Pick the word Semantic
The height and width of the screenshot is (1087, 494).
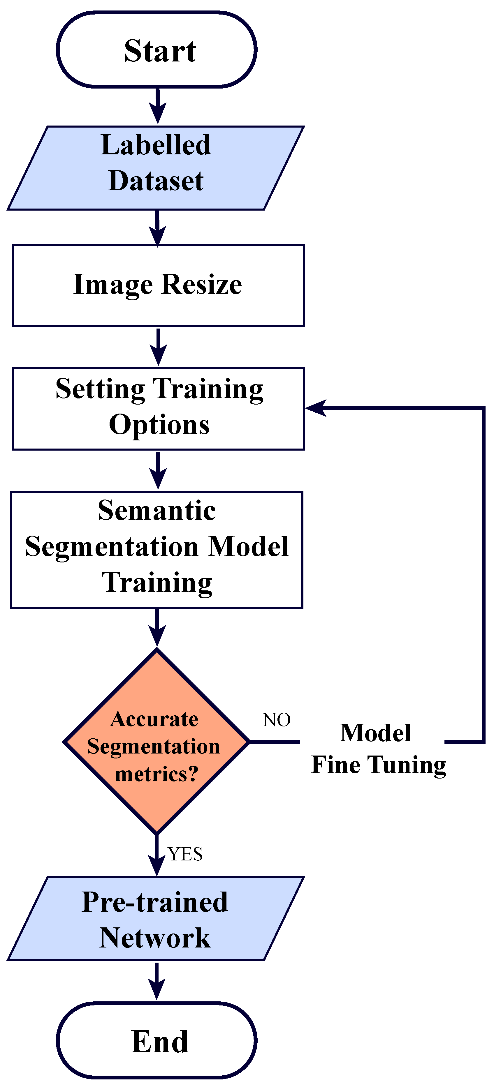(x=157, y=511)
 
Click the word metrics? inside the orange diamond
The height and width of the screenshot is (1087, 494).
(x=156, y=774)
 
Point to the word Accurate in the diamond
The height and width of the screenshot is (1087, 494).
(x=154, y=719)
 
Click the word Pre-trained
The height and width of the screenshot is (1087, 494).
(x=154, y=902)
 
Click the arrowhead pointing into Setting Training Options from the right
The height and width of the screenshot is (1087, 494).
(x=314, y=408)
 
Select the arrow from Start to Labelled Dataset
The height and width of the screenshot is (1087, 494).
(x=158, y=105)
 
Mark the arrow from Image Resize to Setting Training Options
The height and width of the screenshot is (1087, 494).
(x=158, y=347)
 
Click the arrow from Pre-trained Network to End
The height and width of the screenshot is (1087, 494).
(x=157, y=981)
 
